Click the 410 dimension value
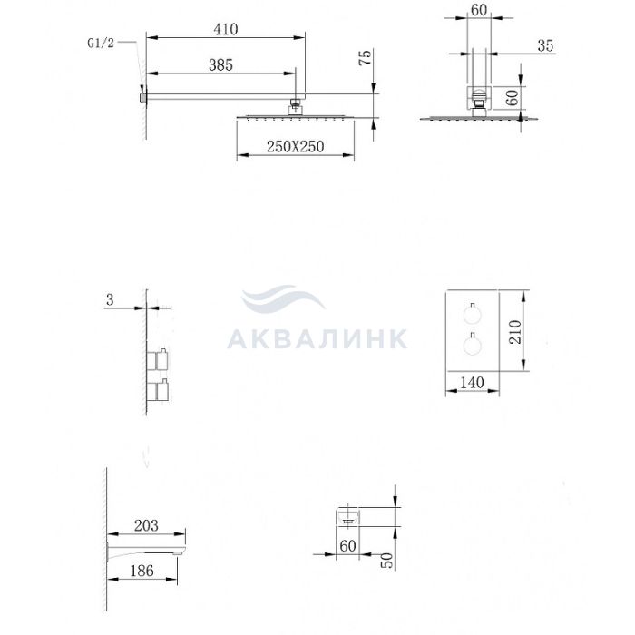[x=226, y=29]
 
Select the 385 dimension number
[x=220, y=64]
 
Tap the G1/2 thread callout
[x=101, y=43]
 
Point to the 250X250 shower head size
[x=295, y=146]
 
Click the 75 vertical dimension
[x=366, y=57]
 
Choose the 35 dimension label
[x=545, y=45]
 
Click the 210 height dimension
[x=514, y=332]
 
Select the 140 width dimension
[x=472, y=382]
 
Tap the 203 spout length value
[x=146, y=525]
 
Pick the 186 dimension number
[x=142, y=571]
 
